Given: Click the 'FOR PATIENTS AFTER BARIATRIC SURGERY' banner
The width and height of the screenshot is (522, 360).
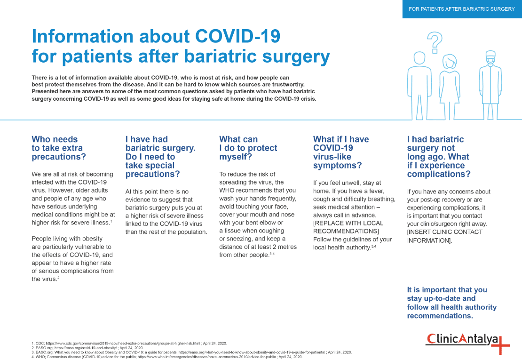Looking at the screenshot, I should click(462, 9).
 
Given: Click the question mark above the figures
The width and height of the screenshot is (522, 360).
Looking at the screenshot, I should click(435, 42).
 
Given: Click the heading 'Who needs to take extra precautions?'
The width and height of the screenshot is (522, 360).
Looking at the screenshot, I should click(59, 148).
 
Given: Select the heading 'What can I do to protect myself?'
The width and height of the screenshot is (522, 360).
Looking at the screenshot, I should click(248, 148).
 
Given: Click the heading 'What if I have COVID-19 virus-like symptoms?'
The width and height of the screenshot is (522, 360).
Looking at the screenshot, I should click(341, 152).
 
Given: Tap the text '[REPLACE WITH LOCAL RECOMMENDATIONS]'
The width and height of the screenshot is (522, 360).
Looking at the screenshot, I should click(348, 227).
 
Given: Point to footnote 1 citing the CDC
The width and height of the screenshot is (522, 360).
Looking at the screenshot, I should click(129, 344).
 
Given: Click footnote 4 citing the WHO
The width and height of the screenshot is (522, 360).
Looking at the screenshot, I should click(166, 357).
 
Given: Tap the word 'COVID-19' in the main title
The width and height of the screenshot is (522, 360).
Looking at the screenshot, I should click(237, 36).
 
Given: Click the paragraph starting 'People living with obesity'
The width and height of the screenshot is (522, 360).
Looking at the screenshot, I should click(72, 258).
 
